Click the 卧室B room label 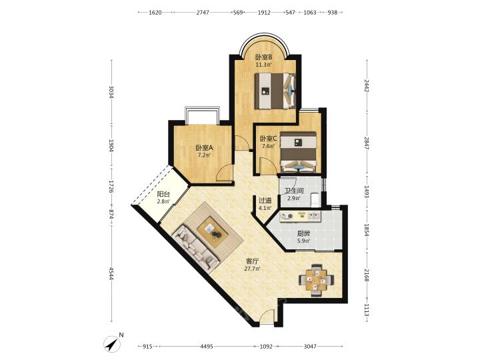coord(263,57)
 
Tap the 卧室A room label coord(204,148)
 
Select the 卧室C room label coord(268,139)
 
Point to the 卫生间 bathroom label coord(294,191)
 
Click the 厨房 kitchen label coord(303,233)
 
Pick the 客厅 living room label coord(253,261)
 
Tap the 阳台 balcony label coord(163,194)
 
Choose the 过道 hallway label coord(265,201)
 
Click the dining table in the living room coord(316,280)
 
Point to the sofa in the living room coord(195,249)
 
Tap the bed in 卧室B coord(275,91)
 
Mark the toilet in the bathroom coord(315,199)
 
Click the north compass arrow coord(113,345)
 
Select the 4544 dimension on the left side coord(111,274)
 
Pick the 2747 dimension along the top coord(203,13)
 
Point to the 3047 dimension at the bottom coord(310,347)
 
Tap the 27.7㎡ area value coord(253,269)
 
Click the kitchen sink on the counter coord(313,216)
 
